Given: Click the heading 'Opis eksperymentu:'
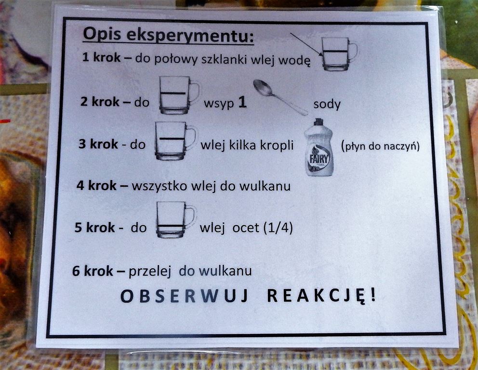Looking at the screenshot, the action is pyautogui.click(x=168, y=35).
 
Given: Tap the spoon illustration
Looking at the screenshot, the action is pyautogui.click(x=280, y=97).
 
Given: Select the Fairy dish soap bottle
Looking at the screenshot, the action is pyautogui.click(x=319, y=147).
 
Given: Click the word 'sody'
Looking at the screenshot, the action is pyautogui.click(x=327, y=104).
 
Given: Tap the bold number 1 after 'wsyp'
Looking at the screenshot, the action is pyautogui.click(x=242, y=103).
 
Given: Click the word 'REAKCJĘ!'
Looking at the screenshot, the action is pyautogui.click(x=321, y=296).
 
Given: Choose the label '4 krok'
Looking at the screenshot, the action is pyautogui.click(x=96, y=185).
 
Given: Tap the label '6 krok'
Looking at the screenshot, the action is pyautogui.click(x=93, y=271).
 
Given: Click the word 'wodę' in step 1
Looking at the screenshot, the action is pyautogui.click(x=295, y=60).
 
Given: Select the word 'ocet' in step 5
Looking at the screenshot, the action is pyautogui.click(x=246, y=228).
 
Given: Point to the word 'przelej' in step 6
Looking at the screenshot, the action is pyautogui.click(x=149, y=271).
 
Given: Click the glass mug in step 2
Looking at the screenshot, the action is pyautogui.click(x=179, y=95).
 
